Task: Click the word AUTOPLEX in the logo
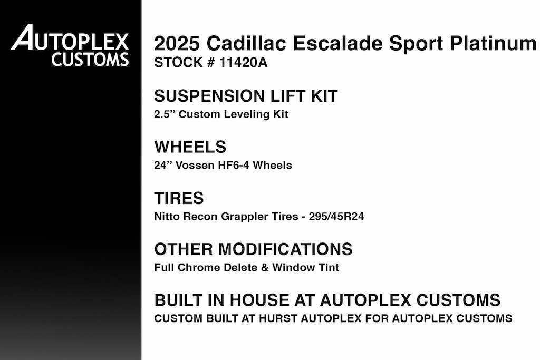click(70, 38)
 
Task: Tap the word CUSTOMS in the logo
click(90, 59)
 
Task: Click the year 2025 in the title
click(177, 43)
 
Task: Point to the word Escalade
click(337, 43)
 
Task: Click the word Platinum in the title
click(493, 43)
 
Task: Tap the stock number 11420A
click(243, 63)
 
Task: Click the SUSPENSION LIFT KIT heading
click(246, 96)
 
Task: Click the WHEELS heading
click(190, 147)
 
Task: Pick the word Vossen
click(195, 165)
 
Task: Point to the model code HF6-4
click(234, 165)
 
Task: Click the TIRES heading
click(179, 198)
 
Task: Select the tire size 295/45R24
click(336, 217)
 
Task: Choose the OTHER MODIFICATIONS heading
click(253, 249)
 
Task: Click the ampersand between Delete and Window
click(265, 267)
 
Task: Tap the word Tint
click(329, 267)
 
